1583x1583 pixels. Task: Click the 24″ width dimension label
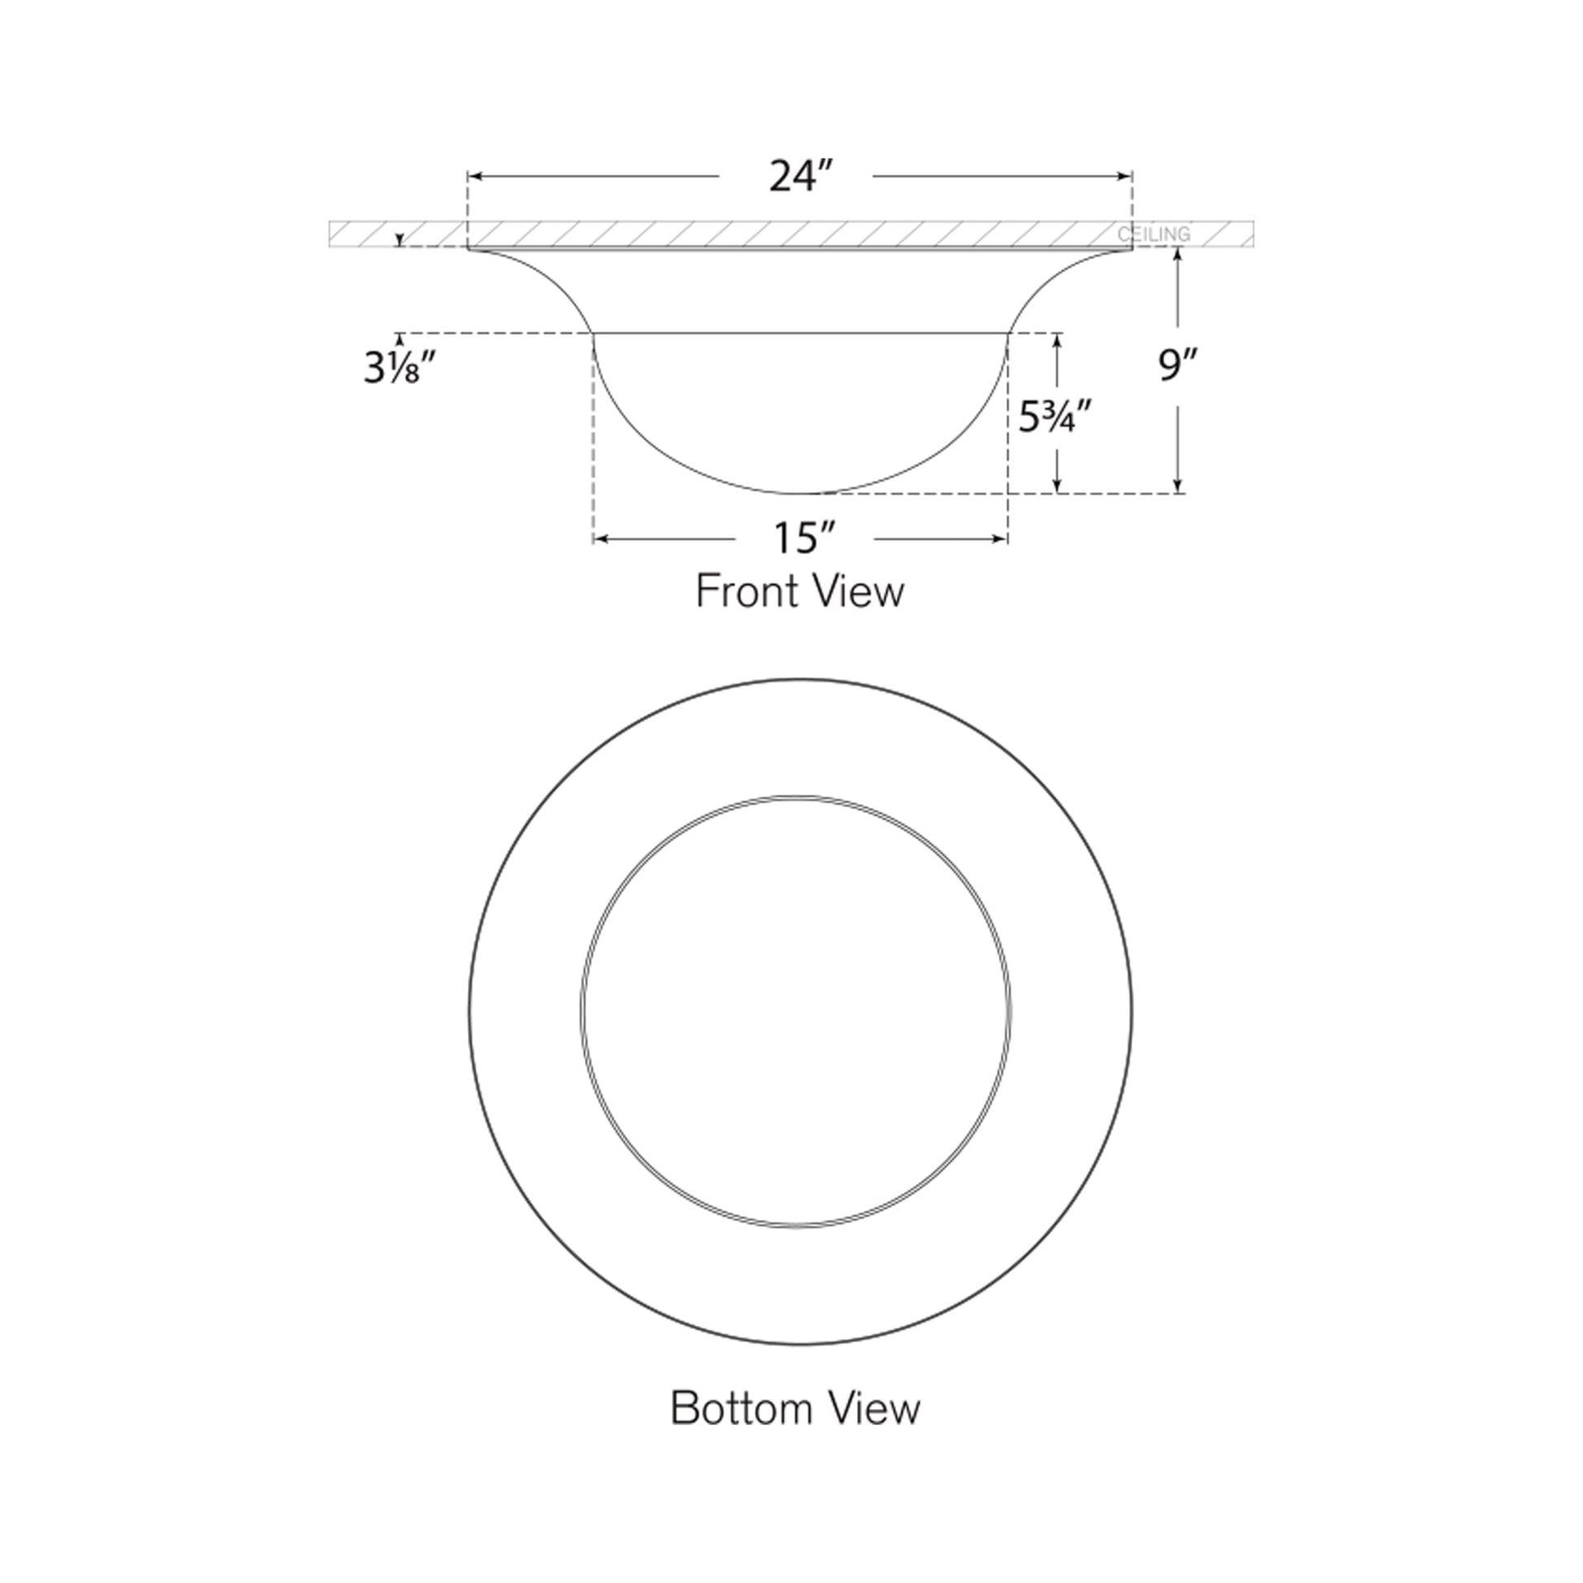point(800,177)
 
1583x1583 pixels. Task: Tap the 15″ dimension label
point(804,539)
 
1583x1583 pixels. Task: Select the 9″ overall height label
point(1178,365)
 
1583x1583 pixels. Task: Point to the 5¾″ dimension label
point(1055,418)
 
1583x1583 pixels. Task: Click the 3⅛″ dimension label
point(399,369)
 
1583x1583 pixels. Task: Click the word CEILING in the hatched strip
point(1153,235)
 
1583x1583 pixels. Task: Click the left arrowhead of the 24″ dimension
point(473,177)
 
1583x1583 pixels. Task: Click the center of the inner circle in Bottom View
point(796,1010)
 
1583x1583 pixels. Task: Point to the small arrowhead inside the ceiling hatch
point(399,240)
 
